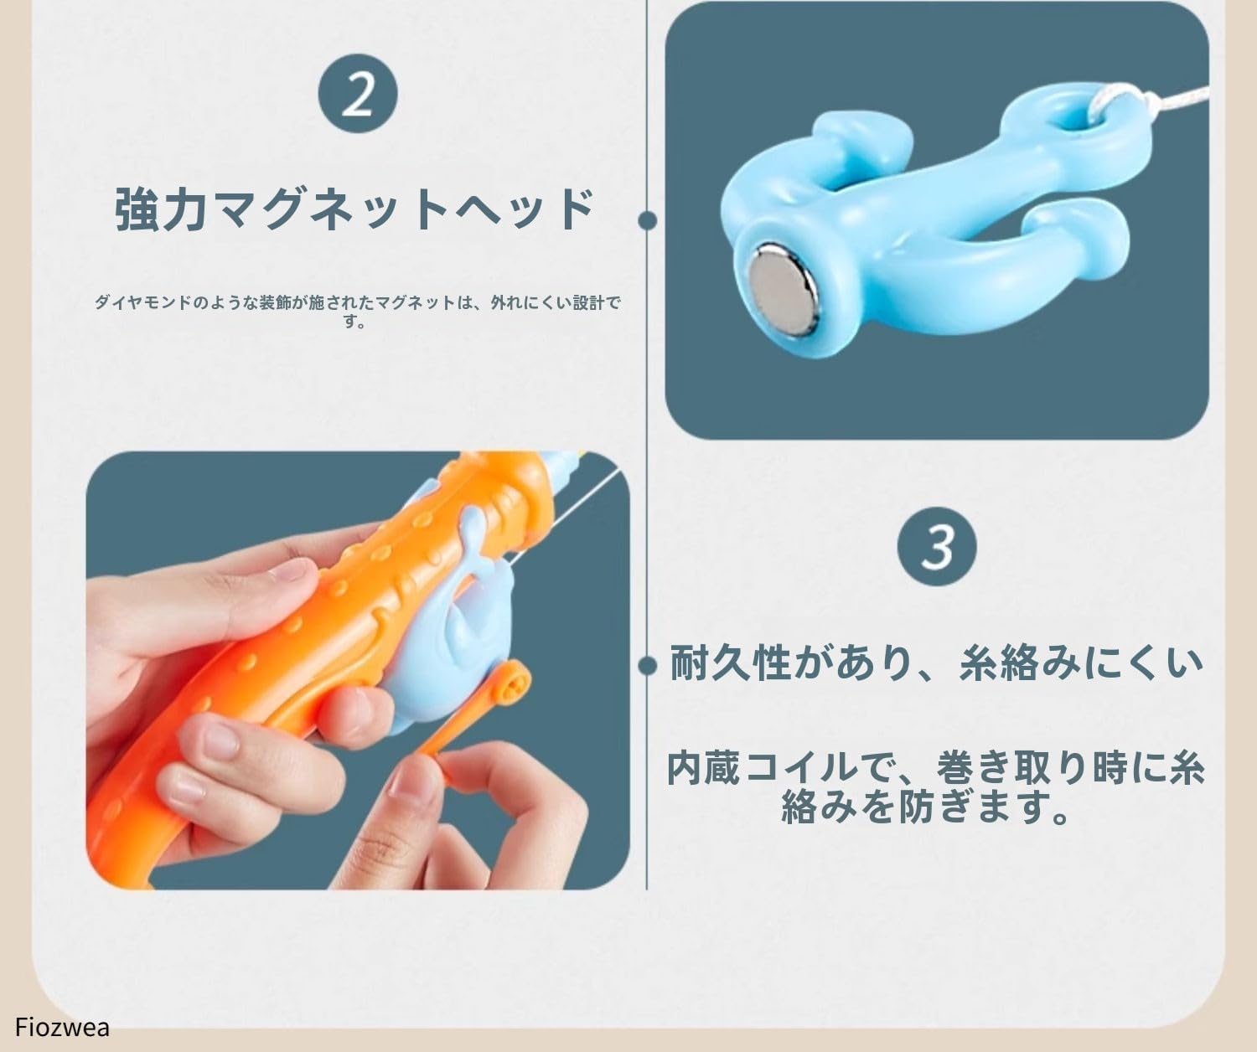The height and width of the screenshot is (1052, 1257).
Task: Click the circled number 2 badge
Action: pos(358,95)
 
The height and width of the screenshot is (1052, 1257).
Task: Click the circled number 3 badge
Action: pos(937,545)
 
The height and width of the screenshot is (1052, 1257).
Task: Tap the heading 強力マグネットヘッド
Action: pos(355,210)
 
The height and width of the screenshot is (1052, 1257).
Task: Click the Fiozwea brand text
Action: pos(63,1027)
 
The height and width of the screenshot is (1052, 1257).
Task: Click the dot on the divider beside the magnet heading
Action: pos(647,220)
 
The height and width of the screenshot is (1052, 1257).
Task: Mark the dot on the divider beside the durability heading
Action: pos(647,666)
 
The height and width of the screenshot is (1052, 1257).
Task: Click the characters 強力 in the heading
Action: pos(160,210)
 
